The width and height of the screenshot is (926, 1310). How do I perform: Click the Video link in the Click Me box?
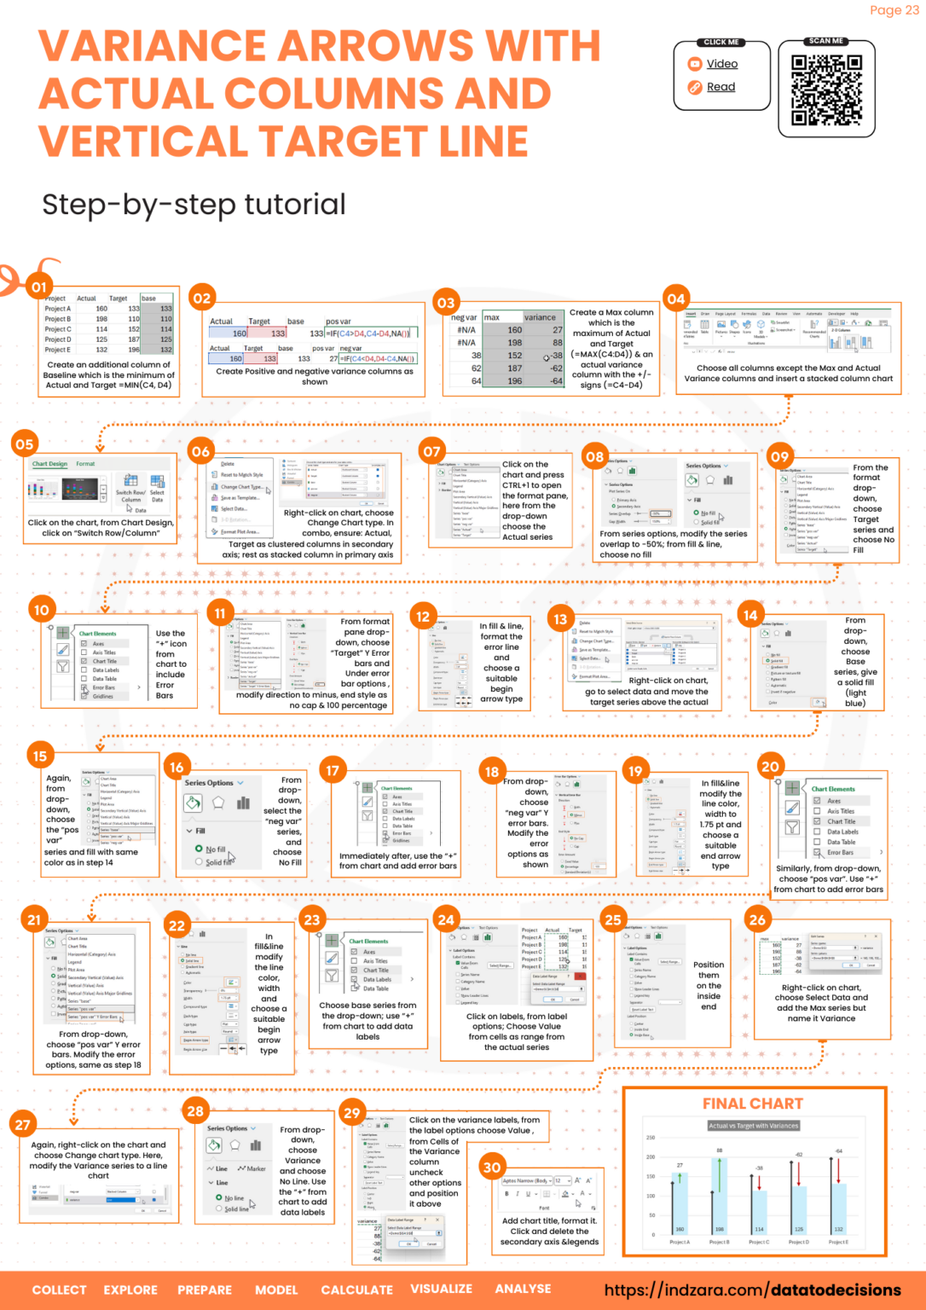(x=721, y=64)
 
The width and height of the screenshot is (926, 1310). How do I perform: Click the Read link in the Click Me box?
(x=721, y=87)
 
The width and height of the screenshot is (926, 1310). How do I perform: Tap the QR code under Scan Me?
(x=826, y=90)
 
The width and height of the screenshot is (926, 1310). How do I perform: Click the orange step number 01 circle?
(x=39, y=287)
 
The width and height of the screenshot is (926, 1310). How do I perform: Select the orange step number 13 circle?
(x=560, y=619)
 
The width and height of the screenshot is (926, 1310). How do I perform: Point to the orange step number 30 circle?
(x=492, y=1168)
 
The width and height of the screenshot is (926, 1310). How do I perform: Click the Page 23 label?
(x=894, y=10)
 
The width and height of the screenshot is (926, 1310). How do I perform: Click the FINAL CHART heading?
(x=752, y=1104)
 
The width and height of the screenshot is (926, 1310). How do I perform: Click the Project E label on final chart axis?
(x=838, y=1242)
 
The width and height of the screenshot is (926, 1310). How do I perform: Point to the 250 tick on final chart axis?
(x=651, y=1138)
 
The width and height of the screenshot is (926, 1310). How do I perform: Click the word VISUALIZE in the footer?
(x=441, y=1289)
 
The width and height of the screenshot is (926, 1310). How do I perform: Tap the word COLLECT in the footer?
(x=59, y=1290)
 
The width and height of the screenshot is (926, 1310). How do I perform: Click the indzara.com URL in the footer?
(x=752, y=1290)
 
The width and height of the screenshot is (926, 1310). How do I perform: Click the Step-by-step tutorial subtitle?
(x=194, y=205)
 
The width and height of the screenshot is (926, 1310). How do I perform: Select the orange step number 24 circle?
(x=446, y=919)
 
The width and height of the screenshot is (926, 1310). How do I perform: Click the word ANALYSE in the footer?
(x=523, y=1289)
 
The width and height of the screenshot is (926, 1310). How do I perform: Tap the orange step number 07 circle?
(x=432, y=451)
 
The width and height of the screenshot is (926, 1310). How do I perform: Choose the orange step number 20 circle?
(x=770, y=766)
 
